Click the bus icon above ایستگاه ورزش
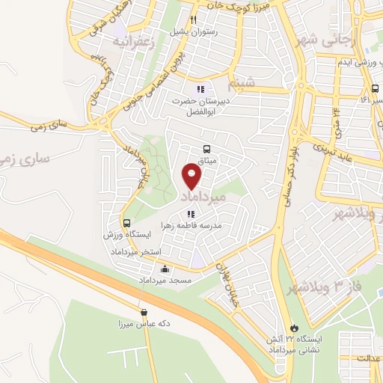coord(127,223)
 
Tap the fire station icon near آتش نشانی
coord(294,327)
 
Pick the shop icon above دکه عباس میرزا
coord(142,313)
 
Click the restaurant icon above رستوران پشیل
coord(193,20)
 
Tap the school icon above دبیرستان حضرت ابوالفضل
coord(200,90)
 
